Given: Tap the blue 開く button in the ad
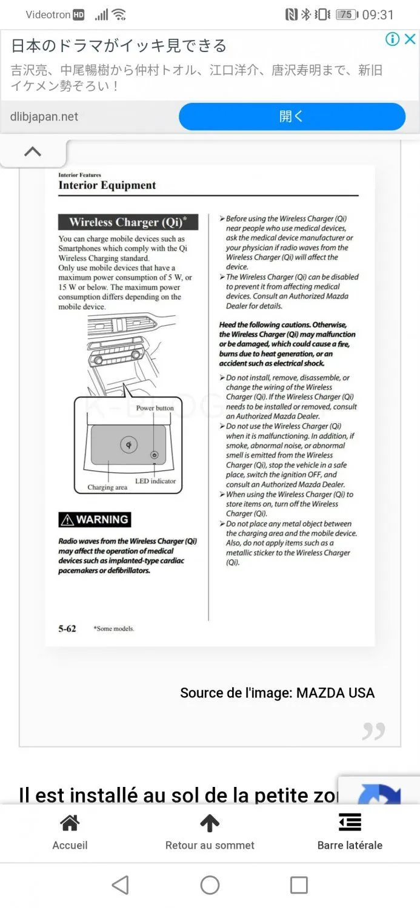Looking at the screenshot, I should click(x=292, y=116).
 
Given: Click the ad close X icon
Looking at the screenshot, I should click(x=410, y=39).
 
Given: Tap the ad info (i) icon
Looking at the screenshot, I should click(x=392, y=39).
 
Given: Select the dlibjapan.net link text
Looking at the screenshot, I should click(x=44, y=117).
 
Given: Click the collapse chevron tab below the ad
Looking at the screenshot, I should click(x=33, y=152).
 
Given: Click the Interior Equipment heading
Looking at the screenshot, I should click(x=107, y=186).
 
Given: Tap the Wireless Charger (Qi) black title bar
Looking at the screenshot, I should click(x=128, y=222).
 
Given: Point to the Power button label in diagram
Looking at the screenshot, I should click(x=155, y=408).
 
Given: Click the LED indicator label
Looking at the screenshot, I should click(x=155, y=481).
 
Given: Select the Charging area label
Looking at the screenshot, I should click(x=107, y=487).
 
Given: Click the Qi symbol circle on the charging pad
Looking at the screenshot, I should click(x=128, y=445).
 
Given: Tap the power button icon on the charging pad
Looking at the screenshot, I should click(x=155, y=455).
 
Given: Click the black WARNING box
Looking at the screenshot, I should click(x=95, y=519).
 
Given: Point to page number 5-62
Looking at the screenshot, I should click(x=67, y=629).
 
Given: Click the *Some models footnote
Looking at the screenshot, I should click(x=114, y=629).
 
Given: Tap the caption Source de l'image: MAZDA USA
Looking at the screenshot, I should click(x=277, y=693).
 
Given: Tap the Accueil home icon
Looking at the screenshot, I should click(x=70, y=823).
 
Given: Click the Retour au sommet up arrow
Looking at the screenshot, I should click(x=210, y=823).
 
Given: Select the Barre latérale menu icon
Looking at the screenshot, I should click(x=350, y=822).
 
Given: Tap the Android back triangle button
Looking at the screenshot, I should click(x=120, y=885).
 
